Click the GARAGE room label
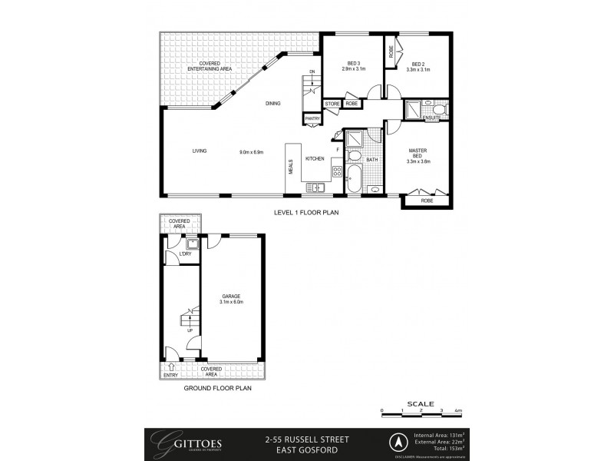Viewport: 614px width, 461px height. (232, 296)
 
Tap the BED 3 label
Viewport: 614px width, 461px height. (353, 64)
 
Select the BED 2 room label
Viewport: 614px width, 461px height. (418, 64)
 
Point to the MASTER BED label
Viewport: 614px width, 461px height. (419, 151)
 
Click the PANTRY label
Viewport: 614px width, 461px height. (312, 118)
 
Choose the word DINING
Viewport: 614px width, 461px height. (273, 103)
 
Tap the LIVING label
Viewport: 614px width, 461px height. (200, 151)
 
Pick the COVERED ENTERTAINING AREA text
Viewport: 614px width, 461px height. (210, 66)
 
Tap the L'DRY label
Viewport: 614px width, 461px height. (185, 254)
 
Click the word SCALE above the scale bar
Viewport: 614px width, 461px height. (421, 403)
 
